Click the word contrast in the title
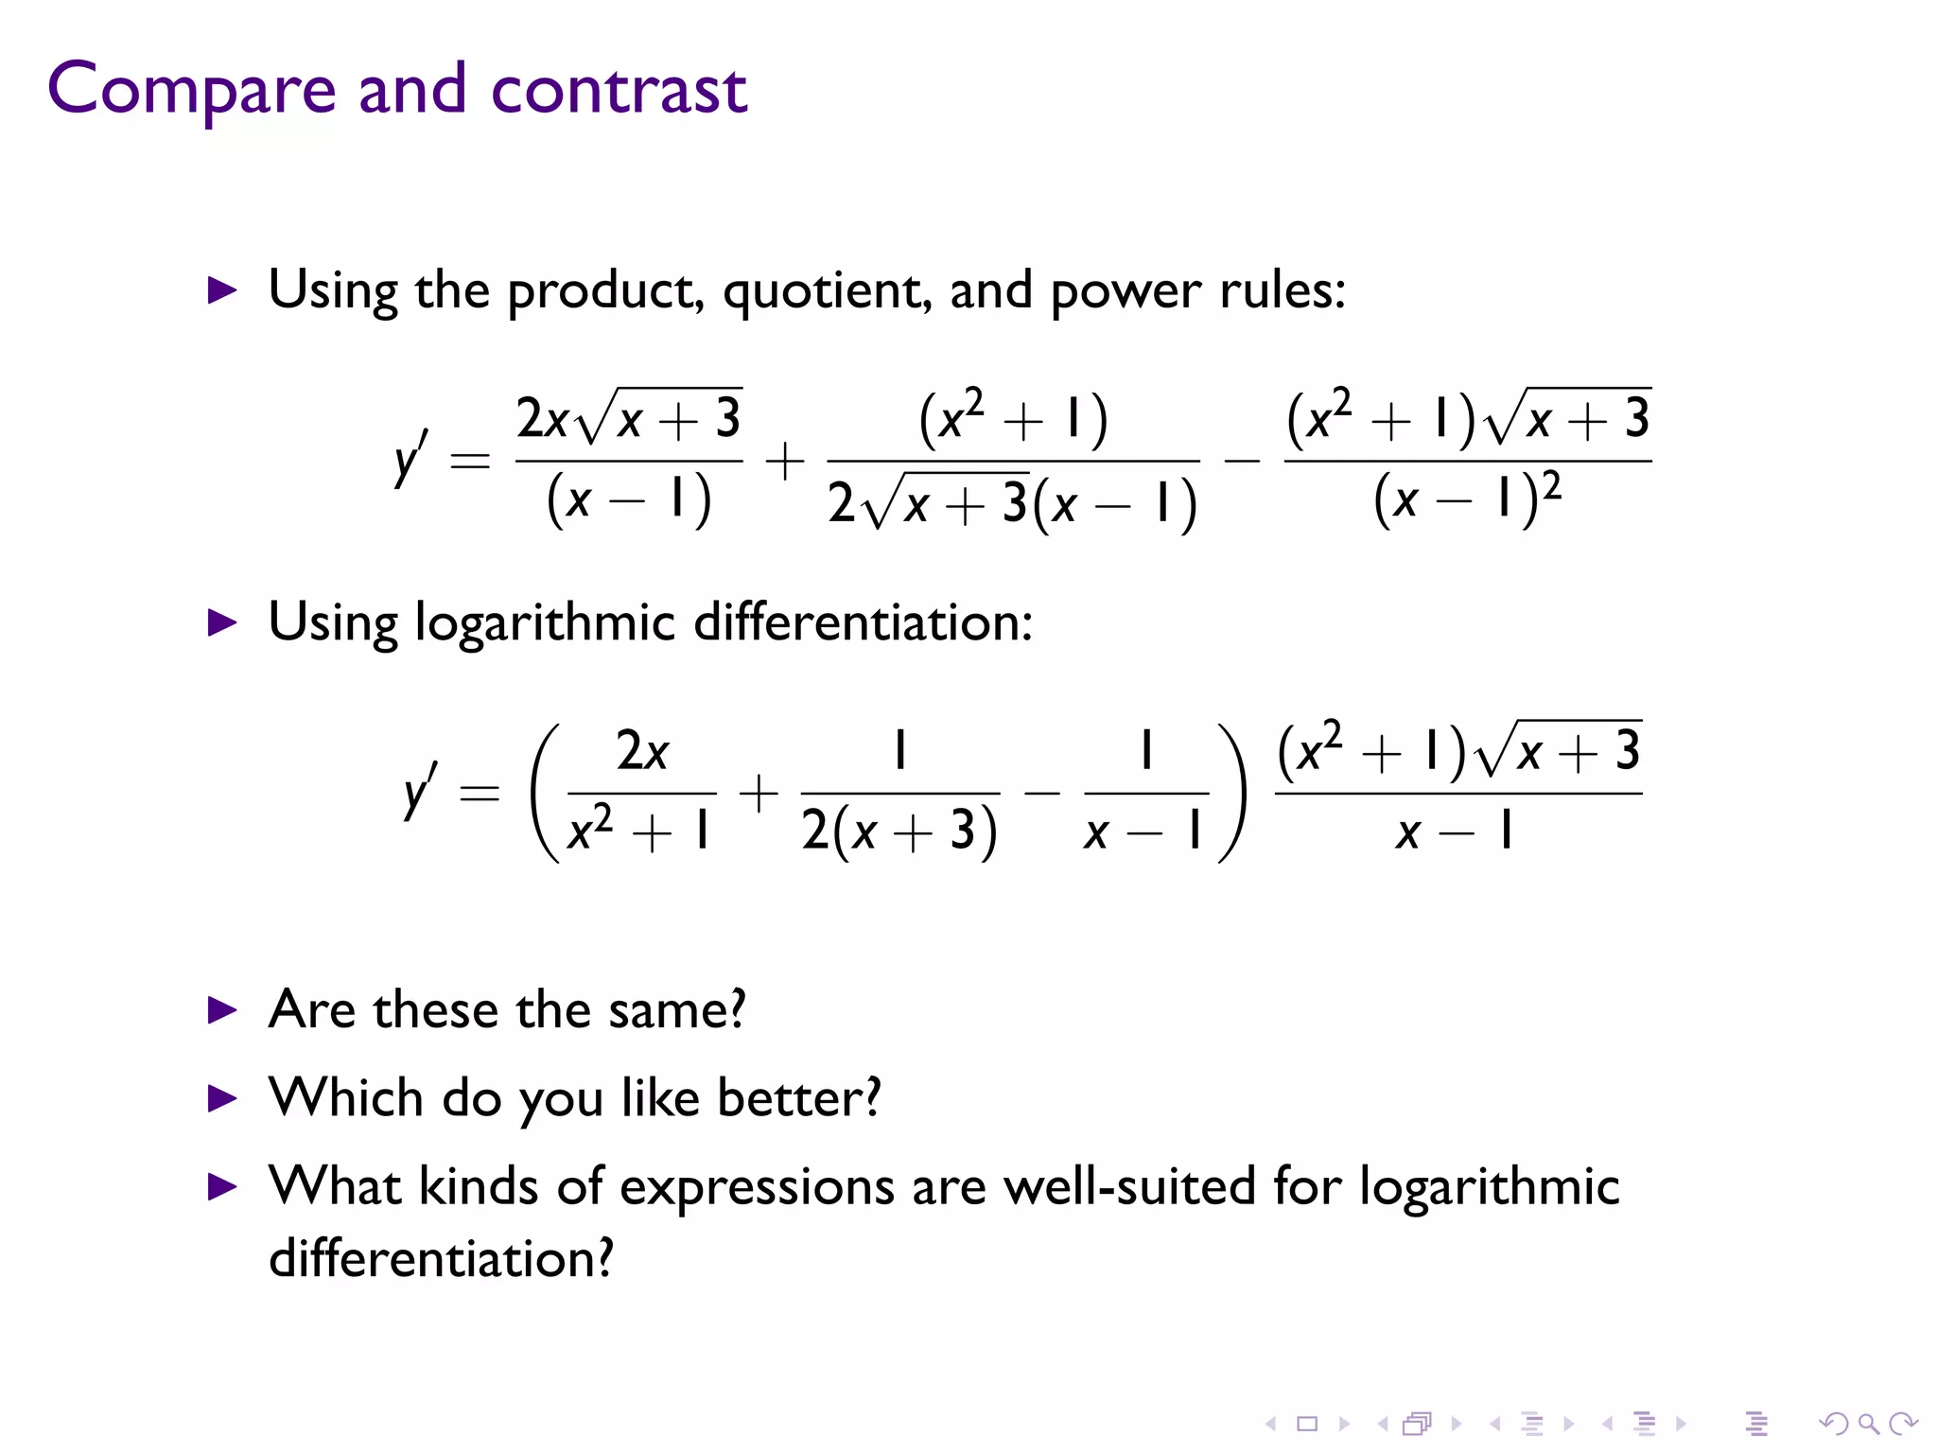coord(619,90)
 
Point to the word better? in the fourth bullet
coord(799,1098)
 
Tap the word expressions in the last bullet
coord(757,1188)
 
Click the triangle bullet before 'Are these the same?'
coord(222,1011)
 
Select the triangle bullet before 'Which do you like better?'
coord(222,1099)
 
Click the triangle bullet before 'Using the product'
coord(222,290)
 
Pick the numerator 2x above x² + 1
coord(642,752)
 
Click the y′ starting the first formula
coord(410,459)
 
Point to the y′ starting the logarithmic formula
coord(420,791)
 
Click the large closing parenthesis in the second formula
coord(1232,793)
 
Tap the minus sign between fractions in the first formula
coord(1242,462)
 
